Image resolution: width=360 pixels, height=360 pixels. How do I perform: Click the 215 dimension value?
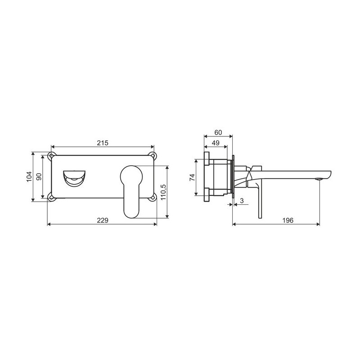point(103,143)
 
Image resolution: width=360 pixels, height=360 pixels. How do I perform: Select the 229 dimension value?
point(103,220)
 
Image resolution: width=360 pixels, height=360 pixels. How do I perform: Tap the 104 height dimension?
point(29,177)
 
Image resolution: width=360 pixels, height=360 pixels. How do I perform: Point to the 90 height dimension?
point(39,177)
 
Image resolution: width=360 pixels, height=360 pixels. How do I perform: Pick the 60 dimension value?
point(218,132)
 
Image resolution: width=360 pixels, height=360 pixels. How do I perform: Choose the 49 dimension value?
point(216,143)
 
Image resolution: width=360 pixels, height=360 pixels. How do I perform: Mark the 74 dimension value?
point(192,177)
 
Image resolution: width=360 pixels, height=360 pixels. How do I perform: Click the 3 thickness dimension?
point(242,201)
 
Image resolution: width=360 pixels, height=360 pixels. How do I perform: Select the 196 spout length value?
point(288,220)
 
